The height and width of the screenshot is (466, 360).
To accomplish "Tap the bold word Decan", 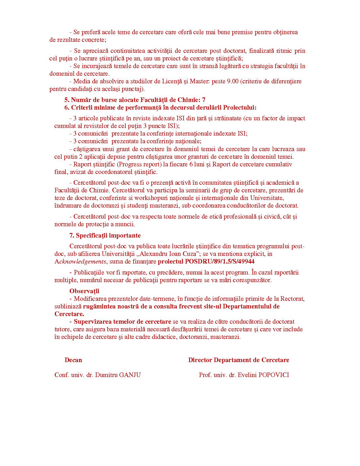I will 73,360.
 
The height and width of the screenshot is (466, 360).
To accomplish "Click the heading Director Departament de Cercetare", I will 239,360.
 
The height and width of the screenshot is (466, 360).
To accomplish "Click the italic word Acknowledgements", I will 80,262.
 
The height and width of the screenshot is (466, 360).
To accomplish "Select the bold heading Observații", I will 84,291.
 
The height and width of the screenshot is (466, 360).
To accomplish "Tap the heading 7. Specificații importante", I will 105,235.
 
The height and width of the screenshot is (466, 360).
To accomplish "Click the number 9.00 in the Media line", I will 233,81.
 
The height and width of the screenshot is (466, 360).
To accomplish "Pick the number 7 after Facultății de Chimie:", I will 204,100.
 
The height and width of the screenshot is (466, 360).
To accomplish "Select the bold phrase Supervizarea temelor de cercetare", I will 122,321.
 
